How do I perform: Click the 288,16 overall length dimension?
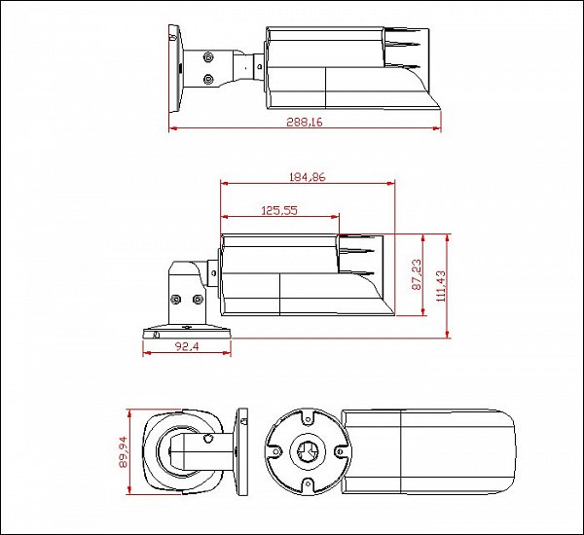coord(305,122)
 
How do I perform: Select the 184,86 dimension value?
coord(308,177)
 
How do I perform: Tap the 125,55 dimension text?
coord(279,211)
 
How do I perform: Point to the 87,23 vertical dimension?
coord(417,274)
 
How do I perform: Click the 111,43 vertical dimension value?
coord(440,286)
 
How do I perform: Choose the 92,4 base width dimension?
coord(187,346)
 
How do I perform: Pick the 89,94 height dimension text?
coord(123,451)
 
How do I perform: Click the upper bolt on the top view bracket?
coord(208,57)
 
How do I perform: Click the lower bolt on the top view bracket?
coord(208,79)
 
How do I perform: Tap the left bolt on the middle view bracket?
coord(175,299)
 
